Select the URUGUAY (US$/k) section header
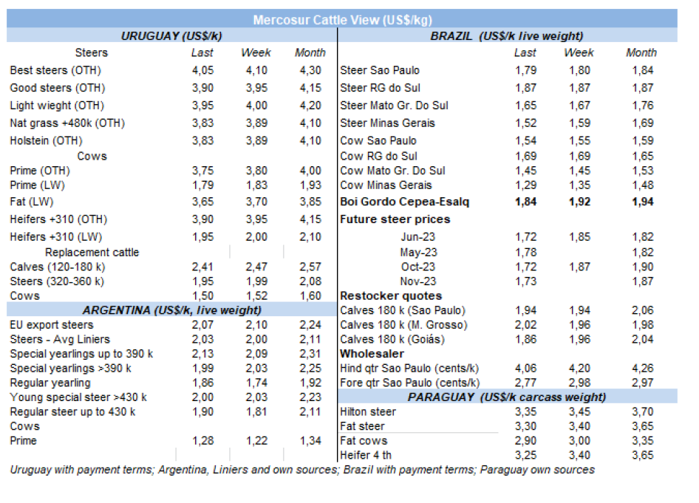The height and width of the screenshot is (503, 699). (171, 35)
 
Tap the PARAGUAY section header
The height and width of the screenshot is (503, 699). (506, 397)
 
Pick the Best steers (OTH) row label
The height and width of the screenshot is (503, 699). (55, 70)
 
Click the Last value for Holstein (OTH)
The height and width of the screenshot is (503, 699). (202, 140)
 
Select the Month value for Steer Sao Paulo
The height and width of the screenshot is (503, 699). (641, 70)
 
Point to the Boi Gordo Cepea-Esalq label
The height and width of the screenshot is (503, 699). (404, 201)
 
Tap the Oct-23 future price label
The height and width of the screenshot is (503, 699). (418, 267)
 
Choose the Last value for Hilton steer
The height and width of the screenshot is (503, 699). (525, 411)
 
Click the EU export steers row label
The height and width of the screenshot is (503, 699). (51, 325)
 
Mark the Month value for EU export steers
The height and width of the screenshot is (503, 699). (310, 325)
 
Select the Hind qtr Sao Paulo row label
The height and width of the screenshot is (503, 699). (409, 368)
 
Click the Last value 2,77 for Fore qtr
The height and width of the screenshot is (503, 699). (525, 383)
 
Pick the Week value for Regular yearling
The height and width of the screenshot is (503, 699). (256, 383)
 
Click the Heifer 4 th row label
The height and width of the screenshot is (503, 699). (366, 455)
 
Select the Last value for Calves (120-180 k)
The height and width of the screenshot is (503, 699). (202, 267)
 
